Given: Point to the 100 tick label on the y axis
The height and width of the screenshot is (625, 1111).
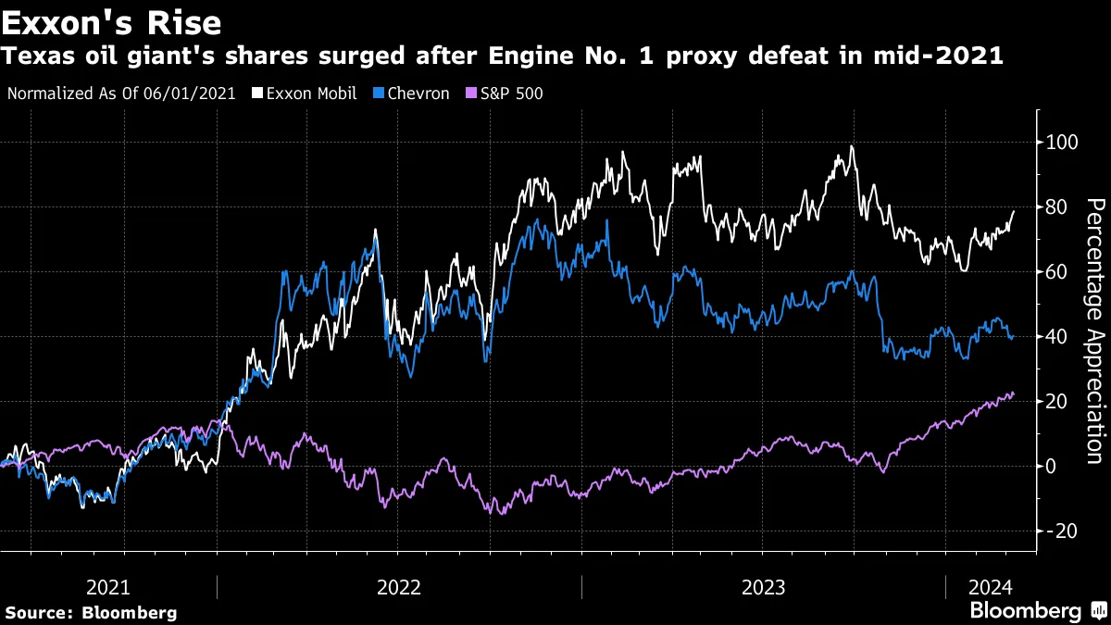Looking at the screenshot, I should [x=1061, y=143].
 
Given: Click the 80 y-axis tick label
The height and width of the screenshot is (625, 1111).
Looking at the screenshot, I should [x=1056, y=207].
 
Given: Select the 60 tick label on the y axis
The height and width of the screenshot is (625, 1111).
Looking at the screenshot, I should [x=1056, y=272].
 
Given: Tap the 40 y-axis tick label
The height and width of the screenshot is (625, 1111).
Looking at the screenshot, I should [x=1056, y=336].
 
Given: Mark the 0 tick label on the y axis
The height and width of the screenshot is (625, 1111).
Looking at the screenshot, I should [x=1052, y=466].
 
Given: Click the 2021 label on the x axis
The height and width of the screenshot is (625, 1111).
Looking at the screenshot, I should [x=107, y=587].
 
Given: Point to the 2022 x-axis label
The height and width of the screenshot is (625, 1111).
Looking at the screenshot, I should [x=399, y=587].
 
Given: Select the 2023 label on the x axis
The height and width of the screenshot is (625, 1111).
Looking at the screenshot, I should [x=763, y=587].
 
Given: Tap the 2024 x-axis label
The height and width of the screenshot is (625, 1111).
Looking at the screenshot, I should [x=991, y=587].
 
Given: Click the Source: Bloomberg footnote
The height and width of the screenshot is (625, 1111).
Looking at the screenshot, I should [x=91, y=612].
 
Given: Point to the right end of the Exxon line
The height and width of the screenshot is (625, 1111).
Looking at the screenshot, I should [x=1014, y=212].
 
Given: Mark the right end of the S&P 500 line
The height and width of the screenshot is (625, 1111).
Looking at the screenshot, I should [x=1014, y=394].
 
